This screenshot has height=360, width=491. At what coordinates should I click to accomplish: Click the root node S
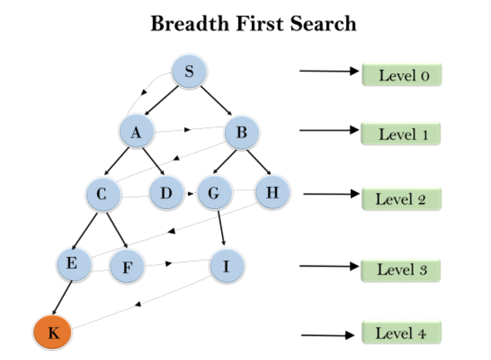point(189,71)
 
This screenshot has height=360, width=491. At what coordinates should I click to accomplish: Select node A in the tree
point(137,132)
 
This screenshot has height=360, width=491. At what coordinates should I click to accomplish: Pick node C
point(103,195)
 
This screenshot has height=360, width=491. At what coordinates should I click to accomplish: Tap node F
point(127,267)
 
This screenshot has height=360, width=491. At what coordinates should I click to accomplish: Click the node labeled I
point(227,265)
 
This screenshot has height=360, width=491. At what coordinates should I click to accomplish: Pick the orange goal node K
point(53,333)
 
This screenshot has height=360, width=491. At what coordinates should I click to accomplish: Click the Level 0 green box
point(401,76)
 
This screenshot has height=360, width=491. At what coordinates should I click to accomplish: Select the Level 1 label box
point(401,135)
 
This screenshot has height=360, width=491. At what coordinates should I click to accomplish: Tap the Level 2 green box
point(401,199)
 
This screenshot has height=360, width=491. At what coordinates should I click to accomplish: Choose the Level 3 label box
point(401,269)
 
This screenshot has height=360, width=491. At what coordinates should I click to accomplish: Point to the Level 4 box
point(401,334)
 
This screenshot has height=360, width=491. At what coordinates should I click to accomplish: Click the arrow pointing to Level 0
point(328,71)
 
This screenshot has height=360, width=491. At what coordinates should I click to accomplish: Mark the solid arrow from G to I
point(222,229)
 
